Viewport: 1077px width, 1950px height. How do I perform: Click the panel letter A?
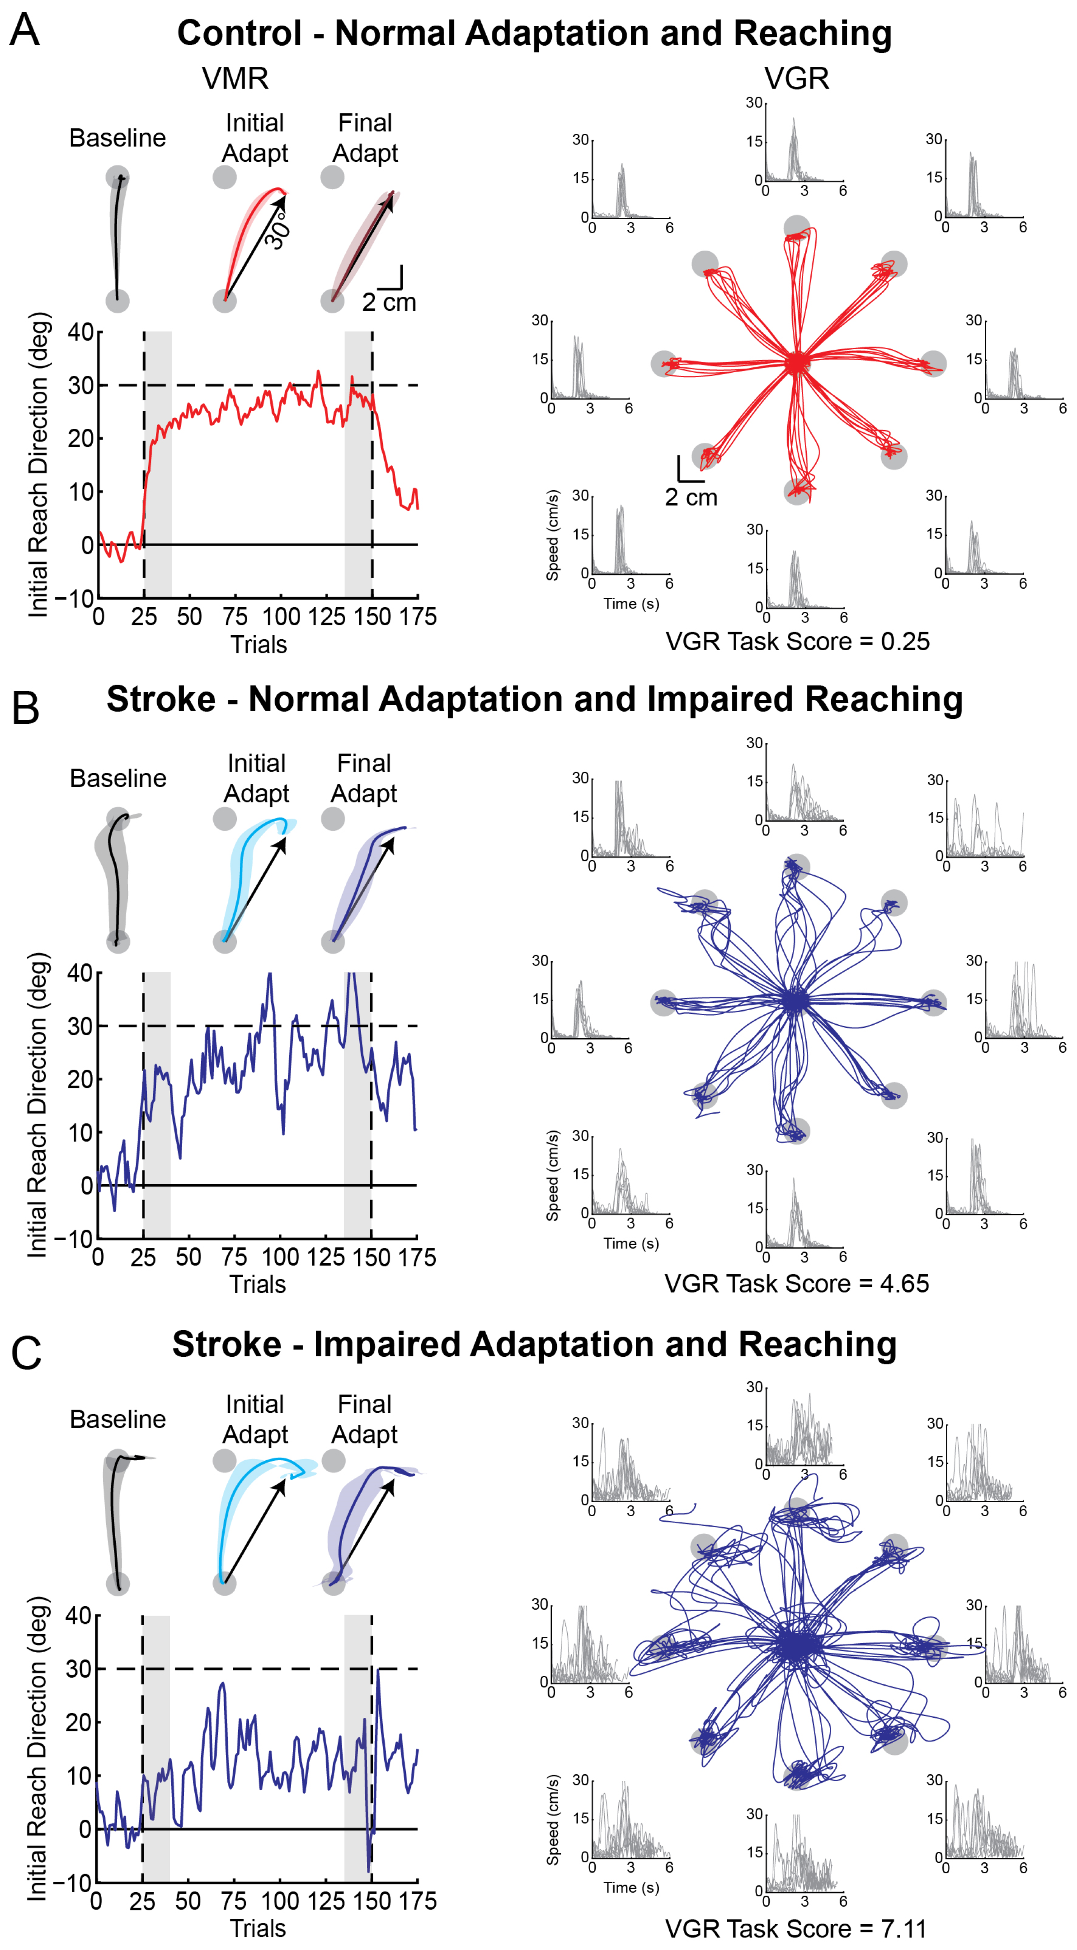24,30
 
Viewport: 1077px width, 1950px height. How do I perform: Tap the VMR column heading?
235,79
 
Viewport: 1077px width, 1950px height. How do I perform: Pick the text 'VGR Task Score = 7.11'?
796,1929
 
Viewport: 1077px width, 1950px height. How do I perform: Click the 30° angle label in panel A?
278,231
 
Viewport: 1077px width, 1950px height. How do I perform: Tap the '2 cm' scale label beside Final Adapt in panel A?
389,303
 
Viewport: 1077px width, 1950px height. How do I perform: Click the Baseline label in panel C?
118,1419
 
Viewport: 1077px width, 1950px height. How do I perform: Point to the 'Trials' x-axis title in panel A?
258,645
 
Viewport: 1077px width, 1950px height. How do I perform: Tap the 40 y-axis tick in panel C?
79,1616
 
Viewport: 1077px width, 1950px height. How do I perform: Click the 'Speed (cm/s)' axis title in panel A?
553,535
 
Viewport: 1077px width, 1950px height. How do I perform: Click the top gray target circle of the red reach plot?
796,226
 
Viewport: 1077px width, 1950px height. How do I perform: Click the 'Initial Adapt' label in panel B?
256,778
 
